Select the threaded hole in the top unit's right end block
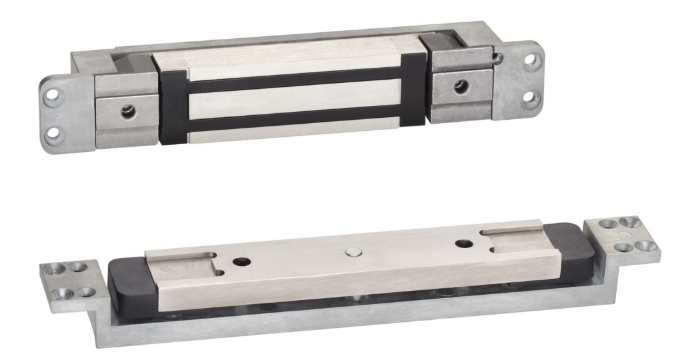click(x=463, y=86)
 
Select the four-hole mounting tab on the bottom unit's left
click(x=69, y=279)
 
